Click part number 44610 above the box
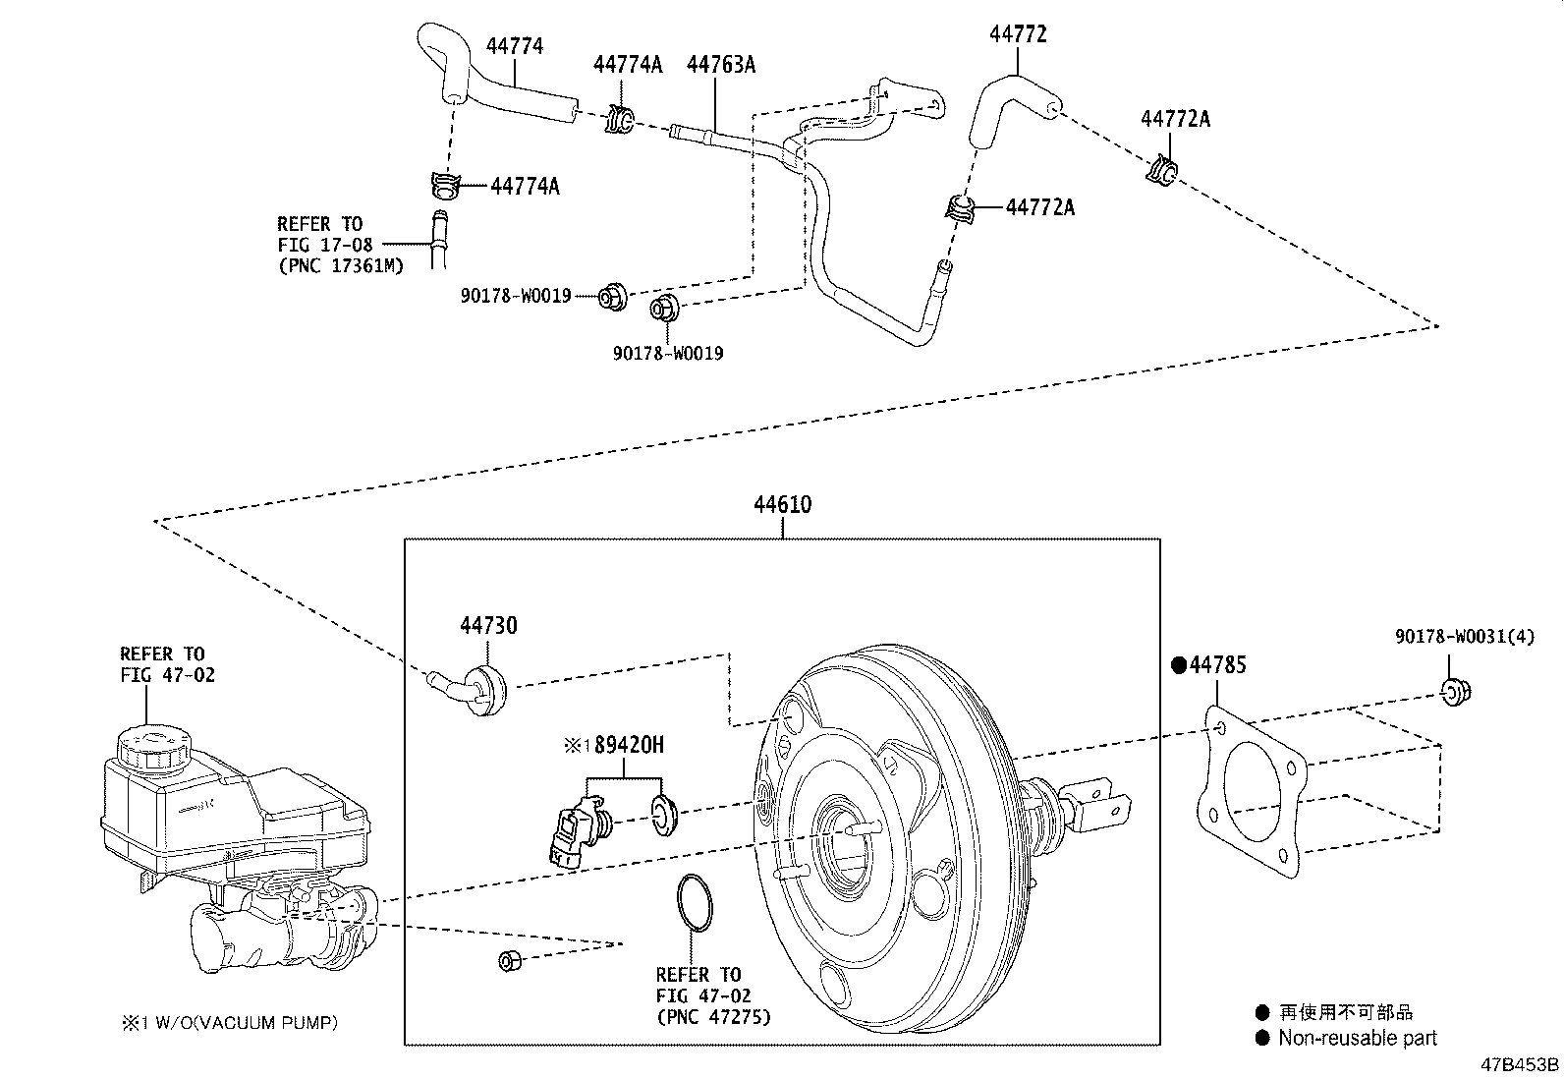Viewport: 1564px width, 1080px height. [x=782, y=505]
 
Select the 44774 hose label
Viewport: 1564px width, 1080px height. [x=514, y=46]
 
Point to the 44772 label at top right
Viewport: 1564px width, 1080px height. [x=1018, y=34]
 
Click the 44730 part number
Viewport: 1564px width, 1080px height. [x=488, y=625]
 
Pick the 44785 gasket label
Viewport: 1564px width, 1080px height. [x=1217, y=665]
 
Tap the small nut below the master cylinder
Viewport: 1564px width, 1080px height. [x=509, y=960]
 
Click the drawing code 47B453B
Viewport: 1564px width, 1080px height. [x=1521, y=1064]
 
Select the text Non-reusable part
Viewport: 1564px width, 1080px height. [x=1357, y=1038]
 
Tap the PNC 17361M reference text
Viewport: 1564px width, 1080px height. [x=340, y=264]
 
